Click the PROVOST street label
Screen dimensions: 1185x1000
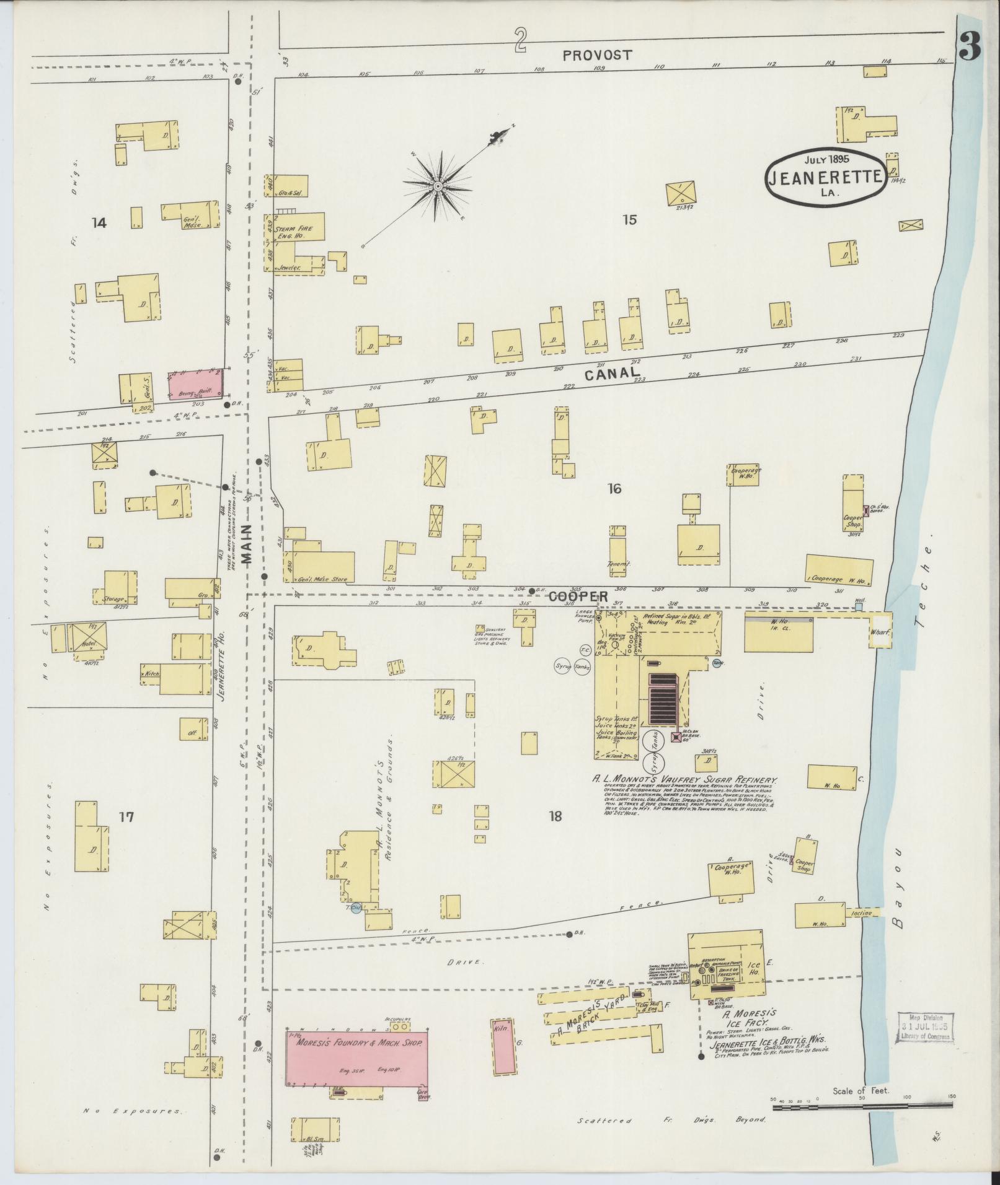(598, 55)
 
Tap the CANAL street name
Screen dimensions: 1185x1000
(612, 373)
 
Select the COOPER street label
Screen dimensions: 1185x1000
(578, 596)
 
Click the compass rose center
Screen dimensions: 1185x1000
(438, 186)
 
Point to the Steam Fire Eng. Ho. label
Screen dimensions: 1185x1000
(299, 232)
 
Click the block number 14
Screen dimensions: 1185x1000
(99, 223)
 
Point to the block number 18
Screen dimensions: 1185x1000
(555, 816)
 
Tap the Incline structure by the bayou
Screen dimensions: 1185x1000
(862, 913)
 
